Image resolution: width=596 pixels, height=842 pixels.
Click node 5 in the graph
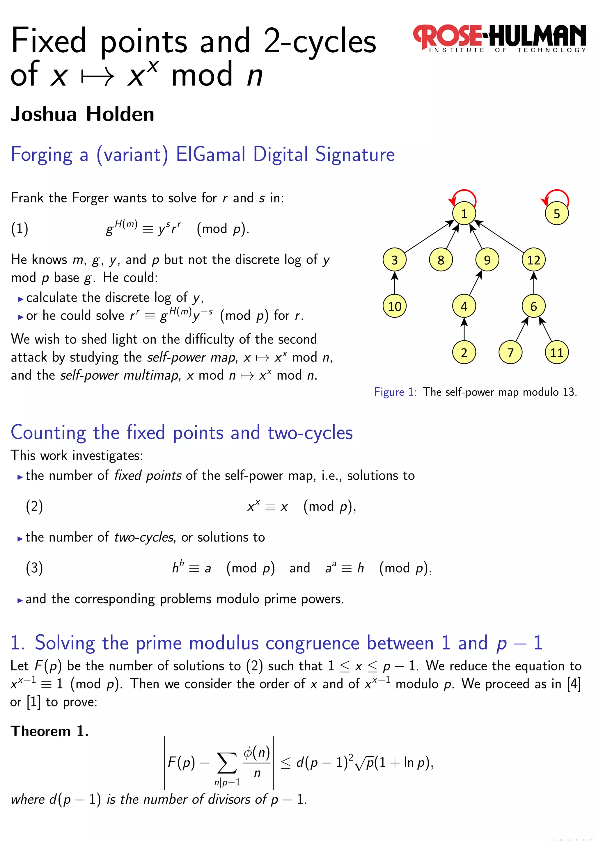point(556,213)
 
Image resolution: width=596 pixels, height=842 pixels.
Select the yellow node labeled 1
point(464,213)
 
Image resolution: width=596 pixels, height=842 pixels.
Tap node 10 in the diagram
point(395,306)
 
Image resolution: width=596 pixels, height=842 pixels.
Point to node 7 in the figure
point(510,353)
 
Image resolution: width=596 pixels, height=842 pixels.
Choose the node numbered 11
point(556,353)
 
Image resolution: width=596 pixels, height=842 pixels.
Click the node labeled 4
point(464,306)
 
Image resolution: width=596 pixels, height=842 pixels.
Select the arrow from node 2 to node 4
point(464,329)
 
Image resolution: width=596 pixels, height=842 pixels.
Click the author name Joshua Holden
point(83,114)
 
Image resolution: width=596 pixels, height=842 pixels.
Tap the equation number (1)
point(19,229)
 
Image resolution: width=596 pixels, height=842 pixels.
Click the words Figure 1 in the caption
point(395,392)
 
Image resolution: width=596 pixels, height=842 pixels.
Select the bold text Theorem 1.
point(49,731)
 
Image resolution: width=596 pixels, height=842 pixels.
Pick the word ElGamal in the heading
point(211,154)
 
